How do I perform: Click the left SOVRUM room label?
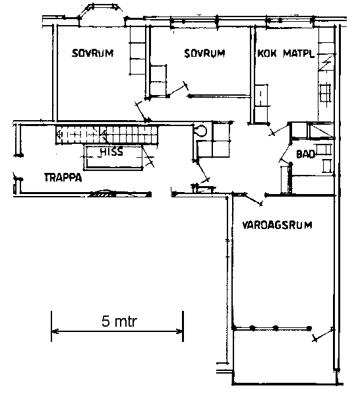point(92,53)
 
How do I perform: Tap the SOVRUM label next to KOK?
point(204,53)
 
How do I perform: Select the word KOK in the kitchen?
point(267,53)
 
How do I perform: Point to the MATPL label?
point(299,53)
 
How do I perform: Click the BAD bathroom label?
point(305,154)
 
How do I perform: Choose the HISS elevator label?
point(111,152)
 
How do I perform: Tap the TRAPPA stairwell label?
point(63,178)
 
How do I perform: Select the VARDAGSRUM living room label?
point(277,225)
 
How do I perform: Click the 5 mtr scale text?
point(119,321)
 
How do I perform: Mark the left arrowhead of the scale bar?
point(55,331)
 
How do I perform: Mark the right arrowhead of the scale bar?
point(179,331)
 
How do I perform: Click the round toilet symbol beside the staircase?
point(200,131)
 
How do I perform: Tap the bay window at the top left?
point(100,10)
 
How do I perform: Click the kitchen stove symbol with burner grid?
point(325,92)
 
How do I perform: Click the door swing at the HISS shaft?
point(148,157)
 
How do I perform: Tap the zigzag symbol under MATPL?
point(326,63)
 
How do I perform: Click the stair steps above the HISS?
point(107,135)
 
